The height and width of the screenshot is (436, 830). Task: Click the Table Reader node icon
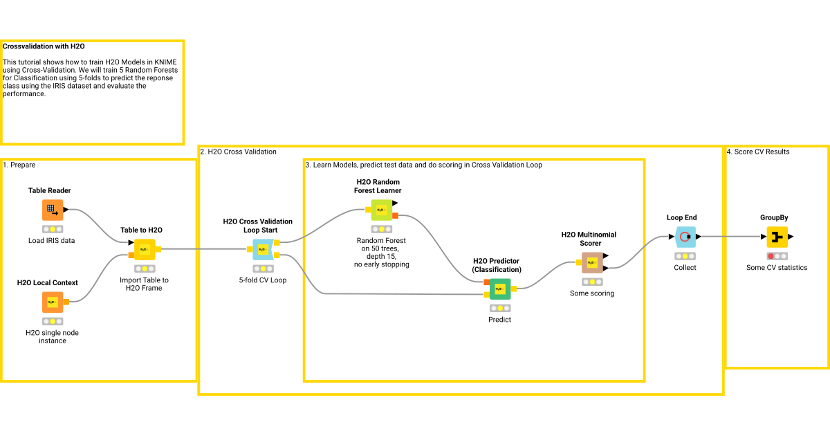(x=52, y=210)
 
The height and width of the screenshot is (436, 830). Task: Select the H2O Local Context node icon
(x=52, y=302)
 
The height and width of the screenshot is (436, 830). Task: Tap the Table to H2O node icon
(x=145, y=249)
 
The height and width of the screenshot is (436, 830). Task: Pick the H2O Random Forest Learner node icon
(x=381, y=210)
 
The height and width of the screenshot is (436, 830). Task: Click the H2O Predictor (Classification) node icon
(x=499, y=289)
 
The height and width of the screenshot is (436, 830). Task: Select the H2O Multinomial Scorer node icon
(x=592, y=262)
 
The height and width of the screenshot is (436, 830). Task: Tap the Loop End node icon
(x=685, y=237)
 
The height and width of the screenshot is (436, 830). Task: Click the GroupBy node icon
(x=777, y=237)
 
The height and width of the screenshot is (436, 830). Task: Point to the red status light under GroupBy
(x=771, y=256)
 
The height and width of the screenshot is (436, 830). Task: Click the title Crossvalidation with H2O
(x=44, y=47)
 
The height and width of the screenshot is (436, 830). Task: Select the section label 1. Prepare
(x=19, y=165)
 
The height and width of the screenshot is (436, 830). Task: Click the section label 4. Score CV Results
(x=757, y=152)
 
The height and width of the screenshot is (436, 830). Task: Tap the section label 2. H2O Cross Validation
(x=238, y=152)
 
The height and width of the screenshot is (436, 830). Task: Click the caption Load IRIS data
(x=52, y=241)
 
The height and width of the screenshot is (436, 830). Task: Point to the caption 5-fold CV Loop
(x=263, y=280)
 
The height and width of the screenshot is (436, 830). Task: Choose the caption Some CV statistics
(x=777, y=267)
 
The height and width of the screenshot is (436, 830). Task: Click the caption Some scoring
(x=592, y=293)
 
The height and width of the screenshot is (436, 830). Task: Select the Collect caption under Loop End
(x=685, y=267)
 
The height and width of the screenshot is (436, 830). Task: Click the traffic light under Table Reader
(x=52, y=229)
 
